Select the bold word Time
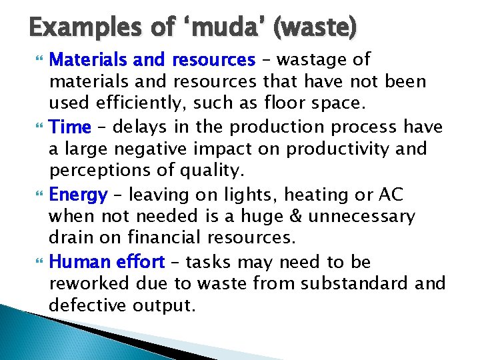tap(66, 127)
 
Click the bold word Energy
tap(78, 195)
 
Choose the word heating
tap(313, 195)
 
